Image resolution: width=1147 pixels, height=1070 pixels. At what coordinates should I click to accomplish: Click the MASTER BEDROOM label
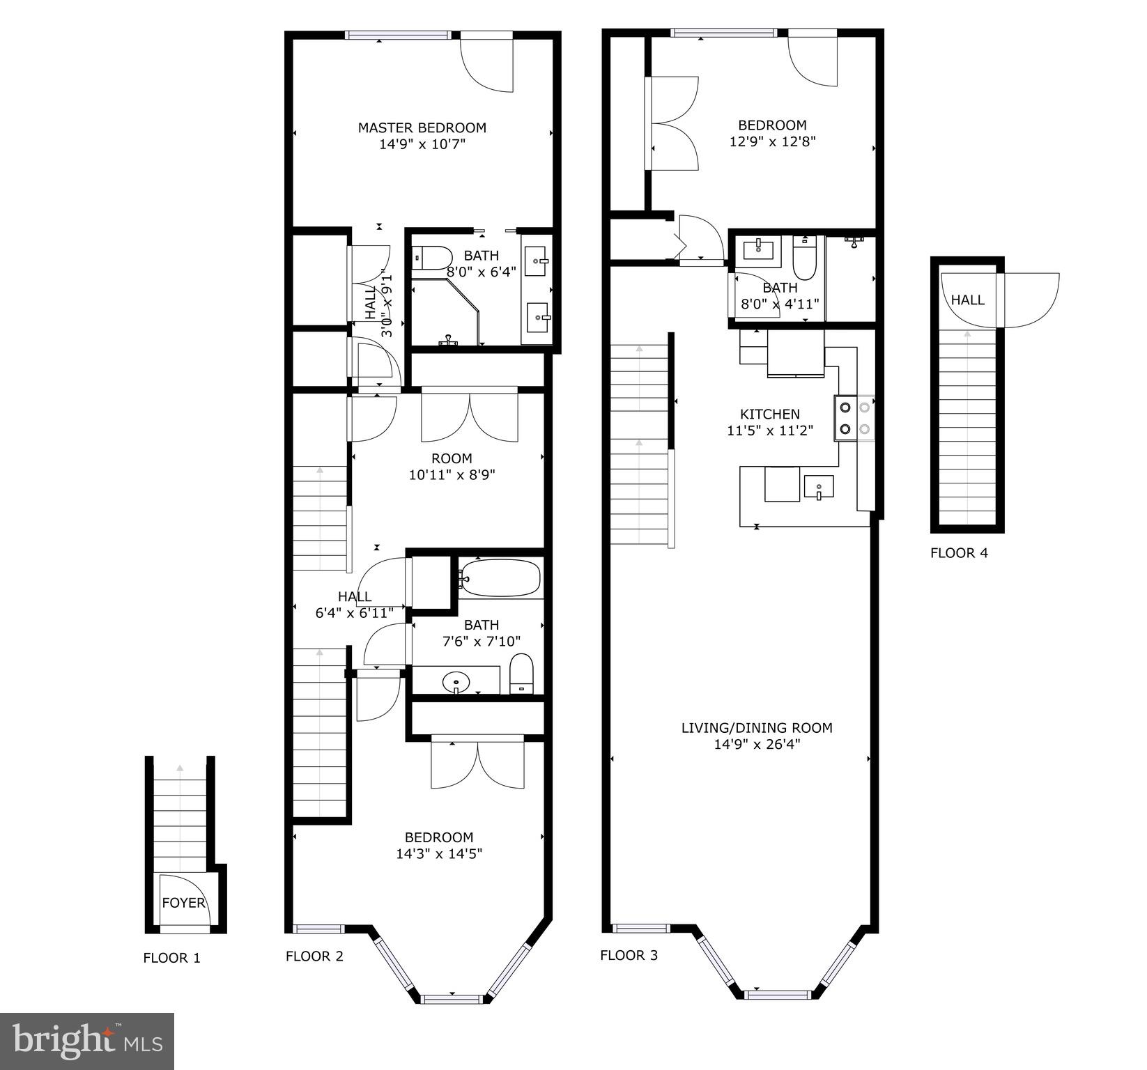[x=422, y=127]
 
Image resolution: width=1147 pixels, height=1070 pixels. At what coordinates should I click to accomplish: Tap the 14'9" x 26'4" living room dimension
[x=757, y=744]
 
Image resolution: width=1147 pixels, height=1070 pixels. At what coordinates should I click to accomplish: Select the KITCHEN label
[x=769, y=414]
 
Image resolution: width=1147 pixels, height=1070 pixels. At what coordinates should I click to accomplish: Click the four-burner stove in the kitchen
[x=855, y=418]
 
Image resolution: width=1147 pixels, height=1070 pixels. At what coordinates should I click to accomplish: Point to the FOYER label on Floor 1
[x=183, y=903]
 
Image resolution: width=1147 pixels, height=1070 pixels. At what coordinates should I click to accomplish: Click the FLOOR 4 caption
[x=959, y=553]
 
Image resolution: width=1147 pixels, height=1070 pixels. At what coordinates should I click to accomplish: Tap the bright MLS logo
[x=87, y=1041]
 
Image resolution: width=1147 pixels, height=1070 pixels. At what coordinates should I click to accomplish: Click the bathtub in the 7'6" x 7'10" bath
[x=500, y=577]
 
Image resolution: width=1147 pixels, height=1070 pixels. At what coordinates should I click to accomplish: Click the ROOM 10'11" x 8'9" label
[x=452, y=466]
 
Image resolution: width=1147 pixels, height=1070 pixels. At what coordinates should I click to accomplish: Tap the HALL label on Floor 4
[x=968, y=300]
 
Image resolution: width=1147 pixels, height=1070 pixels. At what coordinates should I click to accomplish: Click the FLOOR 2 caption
[x=314, y=956]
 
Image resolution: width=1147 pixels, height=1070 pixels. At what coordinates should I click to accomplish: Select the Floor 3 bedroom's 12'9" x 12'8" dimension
[x=772, y=141]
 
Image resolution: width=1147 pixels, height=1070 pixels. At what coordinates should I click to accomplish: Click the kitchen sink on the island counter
[x=819, y=486]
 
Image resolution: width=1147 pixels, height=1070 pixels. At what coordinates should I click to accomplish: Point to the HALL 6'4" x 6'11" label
[x=354, y=604]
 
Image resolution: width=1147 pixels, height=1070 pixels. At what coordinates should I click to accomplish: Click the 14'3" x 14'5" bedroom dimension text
[x=439, y=853]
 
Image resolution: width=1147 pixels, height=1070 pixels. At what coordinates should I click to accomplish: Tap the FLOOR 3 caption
[x=629, y=955]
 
